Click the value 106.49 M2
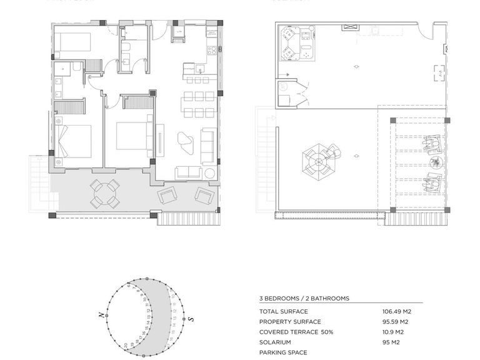pyautogui.click(x=396, y=311)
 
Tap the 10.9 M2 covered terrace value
pyautogui.click(x=393, y=332)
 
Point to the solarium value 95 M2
pyautogui.click(x=390, y=342)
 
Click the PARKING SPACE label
pyautogui.click(x=283, y=352)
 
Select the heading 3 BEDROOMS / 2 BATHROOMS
pyautogui.click(x=304, y=299)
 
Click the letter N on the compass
pyautogui.click(x=101, y=316)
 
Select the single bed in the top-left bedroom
pyautogui.click(x=72, y=42)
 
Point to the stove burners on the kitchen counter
pyautogui.click(x=212, y=50)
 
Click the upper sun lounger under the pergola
pyautogui.click(x=431, y=144)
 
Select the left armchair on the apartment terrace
pyautogui.click(x=168, y=197)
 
